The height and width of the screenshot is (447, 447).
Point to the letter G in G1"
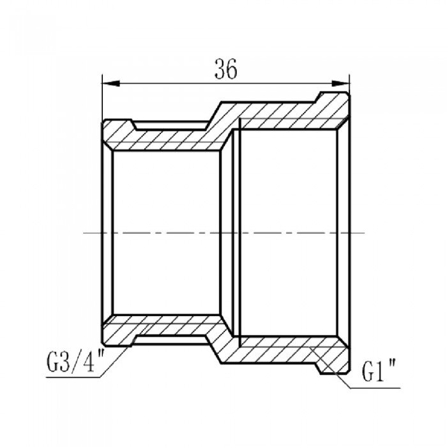[368, 370]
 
